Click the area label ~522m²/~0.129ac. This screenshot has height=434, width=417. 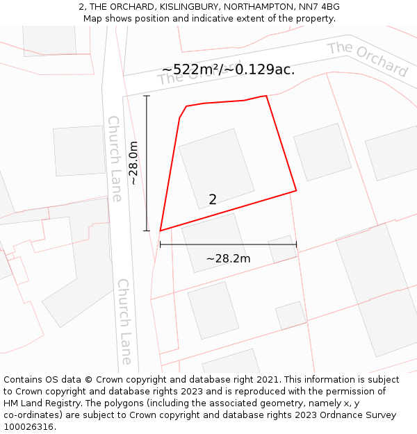(x=228, y=69)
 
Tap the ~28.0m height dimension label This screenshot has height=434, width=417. (x=133, y=162)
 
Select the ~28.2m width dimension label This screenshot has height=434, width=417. (x=228, y=259)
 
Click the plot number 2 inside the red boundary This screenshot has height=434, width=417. (x=213, y=200)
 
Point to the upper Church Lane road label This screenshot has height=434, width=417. (x=115, y=158)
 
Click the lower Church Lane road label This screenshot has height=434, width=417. (x=124, y=322)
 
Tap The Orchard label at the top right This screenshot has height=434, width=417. (x=368, y=58)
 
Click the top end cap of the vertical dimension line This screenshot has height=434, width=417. (x=146, y=96)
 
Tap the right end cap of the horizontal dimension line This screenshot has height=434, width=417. (x=297, y=244)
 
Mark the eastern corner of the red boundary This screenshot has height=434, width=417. (x=297, y=190)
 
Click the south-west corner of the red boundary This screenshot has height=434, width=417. (x=161, y=231)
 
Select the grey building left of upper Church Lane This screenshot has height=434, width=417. (x=79, y=151)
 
